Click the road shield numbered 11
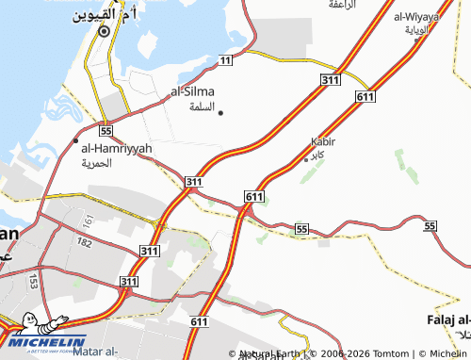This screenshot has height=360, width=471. [224, 60]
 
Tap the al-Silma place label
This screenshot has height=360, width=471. [192, 91]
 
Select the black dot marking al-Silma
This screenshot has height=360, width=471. [220, 113]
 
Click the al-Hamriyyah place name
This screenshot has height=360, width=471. [117, 148]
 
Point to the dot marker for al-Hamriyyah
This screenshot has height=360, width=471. [76, 140]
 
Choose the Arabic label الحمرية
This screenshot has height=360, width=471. [97, 162]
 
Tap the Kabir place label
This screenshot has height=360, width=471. [322, 141]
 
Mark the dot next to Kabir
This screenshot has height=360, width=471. [306, 158]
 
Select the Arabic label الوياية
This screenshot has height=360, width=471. [416, 29]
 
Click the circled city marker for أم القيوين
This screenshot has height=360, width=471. [103, 30]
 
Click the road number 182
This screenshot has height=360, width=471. [85, 243]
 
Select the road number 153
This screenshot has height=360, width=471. [33, 281]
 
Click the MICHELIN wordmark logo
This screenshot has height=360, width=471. [47, 341]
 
